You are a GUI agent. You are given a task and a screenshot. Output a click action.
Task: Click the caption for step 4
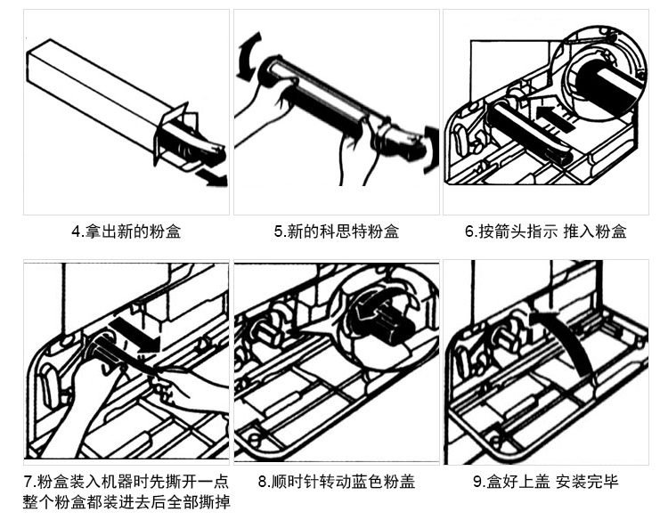[x=126, y=232]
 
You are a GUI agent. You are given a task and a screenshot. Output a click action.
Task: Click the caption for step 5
[x=336, y=232]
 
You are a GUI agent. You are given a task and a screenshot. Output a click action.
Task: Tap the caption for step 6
[x=545, y=232]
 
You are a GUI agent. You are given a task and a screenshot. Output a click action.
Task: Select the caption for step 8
[x=336, y=483]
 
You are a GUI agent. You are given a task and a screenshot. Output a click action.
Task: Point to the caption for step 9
[x=545, y=483]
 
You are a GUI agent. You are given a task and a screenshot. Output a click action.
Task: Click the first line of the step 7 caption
[x=126, y=483]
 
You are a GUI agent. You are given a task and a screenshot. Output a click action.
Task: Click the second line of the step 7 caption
[x=126, y=503]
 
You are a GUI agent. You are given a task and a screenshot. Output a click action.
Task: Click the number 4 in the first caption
[x=75, y=232]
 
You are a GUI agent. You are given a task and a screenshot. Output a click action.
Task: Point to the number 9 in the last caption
[x=477, y=483]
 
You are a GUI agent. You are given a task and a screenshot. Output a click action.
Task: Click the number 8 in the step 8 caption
[x=262, y=483]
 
